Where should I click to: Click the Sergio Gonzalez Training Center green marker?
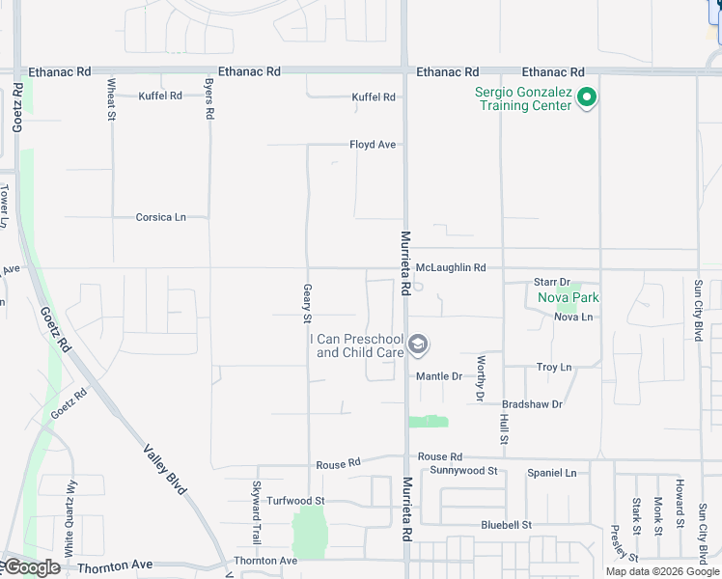click(x=586, y=97)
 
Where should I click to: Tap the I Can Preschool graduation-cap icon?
click(x=418, y=344)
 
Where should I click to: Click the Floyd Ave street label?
click(x=373, y=145)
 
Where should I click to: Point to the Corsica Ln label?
click(x=160, y=217)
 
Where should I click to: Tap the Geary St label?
click(x=308, y=303)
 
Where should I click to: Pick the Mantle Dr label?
click(x=439, y=376)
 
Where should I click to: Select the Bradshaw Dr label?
click(x=532, y=404)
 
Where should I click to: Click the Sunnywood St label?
click(x=463, y=471)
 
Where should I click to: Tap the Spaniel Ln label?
click(x=551, y=473)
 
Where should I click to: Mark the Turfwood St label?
click(x=296, y=501)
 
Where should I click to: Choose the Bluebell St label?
click(x=507, y=525)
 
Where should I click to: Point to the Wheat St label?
click(x=112, y=99)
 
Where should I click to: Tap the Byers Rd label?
click(x=208, y=99)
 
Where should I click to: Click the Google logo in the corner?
click(x=32, y=567)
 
